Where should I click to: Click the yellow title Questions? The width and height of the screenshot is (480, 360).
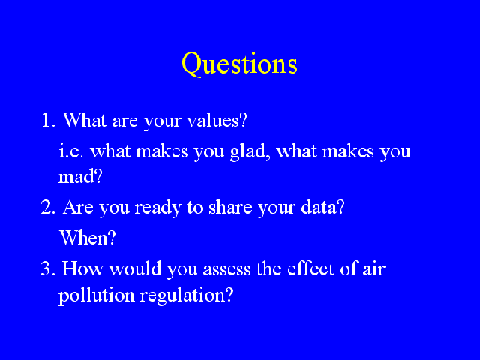tap(239, 64)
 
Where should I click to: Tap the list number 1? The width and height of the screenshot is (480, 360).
tap(48, 120)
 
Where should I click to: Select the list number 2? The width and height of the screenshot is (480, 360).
tap(48, 207)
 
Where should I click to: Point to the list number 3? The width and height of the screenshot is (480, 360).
tap(48, 268)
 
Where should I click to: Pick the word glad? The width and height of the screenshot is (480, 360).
tap(250, 152)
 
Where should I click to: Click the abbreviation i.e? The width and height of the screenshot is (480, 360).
tap(70, 151)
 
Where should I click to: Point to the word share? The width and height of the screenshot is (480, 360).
tap(230, 207)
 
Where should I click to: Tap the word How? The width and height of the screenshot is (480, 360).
tap(82, 268)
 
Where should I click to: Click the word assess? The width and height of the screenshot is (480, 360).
tap(226, 269)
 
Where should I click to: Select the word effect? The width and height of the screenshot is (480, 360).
tap(311, 268)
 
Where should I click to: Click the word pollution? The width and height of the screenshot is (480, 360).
tap(97, 295)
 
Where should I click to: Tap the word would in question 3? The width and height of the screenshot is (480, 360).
tap(135, 268)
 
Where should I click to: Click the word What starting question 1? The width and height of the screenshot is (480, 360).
tap(85, 120)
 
